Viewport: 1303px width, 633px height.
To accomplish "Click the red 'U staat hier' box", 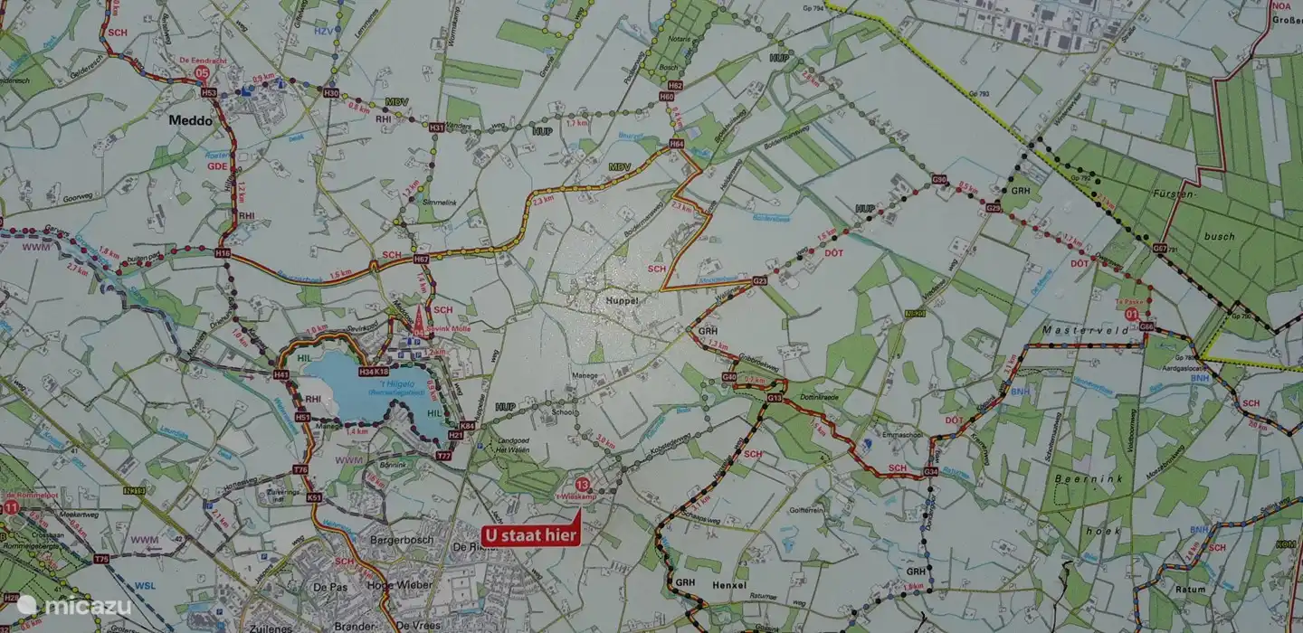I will [530, 534].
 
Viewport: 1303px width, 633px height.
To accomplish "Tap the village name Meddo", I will [190, 119].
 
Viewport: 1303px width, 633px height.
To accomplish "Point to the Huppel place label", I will [623, 298].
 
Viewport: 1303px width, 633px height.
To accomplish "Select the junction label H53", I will [209, 92].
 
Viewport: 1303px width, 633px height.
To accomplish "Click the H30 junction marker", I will [331, 92].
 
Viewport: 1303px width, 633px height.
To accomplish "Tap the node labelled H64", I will [676, 144].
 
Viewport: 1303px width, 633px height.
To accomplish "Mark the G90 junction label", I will [939, 180].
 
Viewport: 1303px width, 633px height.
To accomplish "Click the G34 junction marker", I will [930, 472].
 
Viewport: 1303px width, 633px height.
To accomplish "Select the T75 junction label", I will [101, 559].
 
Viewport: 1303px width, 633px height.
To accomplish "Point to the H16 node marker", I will [223, 254].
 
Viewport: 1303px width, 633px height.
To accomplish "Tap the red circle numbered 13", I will [594, 485].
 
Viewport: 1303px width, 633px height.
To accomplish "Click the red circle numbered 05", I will [202, 72].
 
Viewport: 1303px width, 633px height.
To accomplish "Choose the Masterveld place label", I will [1084, 331].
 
